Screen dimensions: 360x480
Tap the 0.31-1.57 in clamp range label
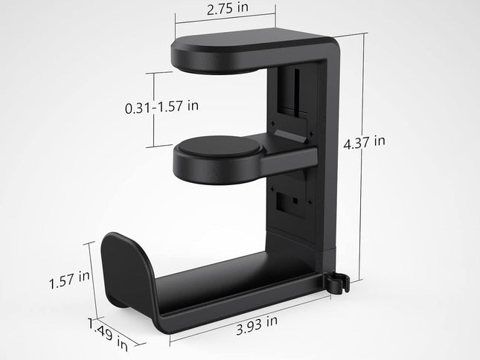coord(161,106)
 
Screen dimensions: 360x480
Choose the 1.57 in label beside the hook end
coord(69,281)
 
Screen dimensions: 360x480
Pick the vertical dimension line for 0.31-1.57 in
coord(154,109)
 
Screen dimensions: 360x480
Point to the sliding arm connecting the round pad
coord(293,157)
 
